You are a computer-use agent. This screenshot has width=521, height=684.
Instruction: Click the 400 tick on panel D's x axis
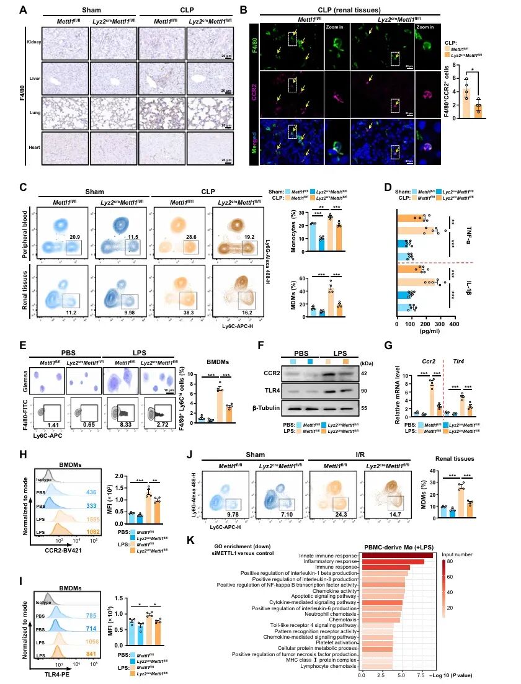pos(454,323)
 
